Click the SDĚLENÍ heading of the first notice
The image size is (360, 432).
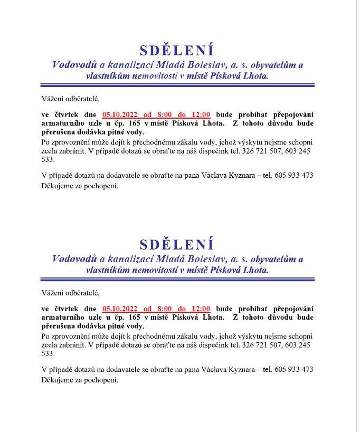coord(177,51)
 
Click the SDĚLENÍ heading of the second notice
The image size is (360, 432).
coord(177,245)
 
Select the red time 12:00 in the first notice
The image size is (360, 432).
coord(201,114)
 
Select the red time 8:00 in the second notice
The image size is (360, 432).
coord(164,309)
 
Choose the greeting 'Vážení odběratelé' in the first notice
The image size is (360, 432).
coord(70,99)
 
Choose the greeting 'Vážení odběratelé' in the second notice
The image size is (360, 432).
coord(70,293)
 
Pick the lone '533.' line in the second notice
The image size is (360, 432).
coord(48,354)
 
